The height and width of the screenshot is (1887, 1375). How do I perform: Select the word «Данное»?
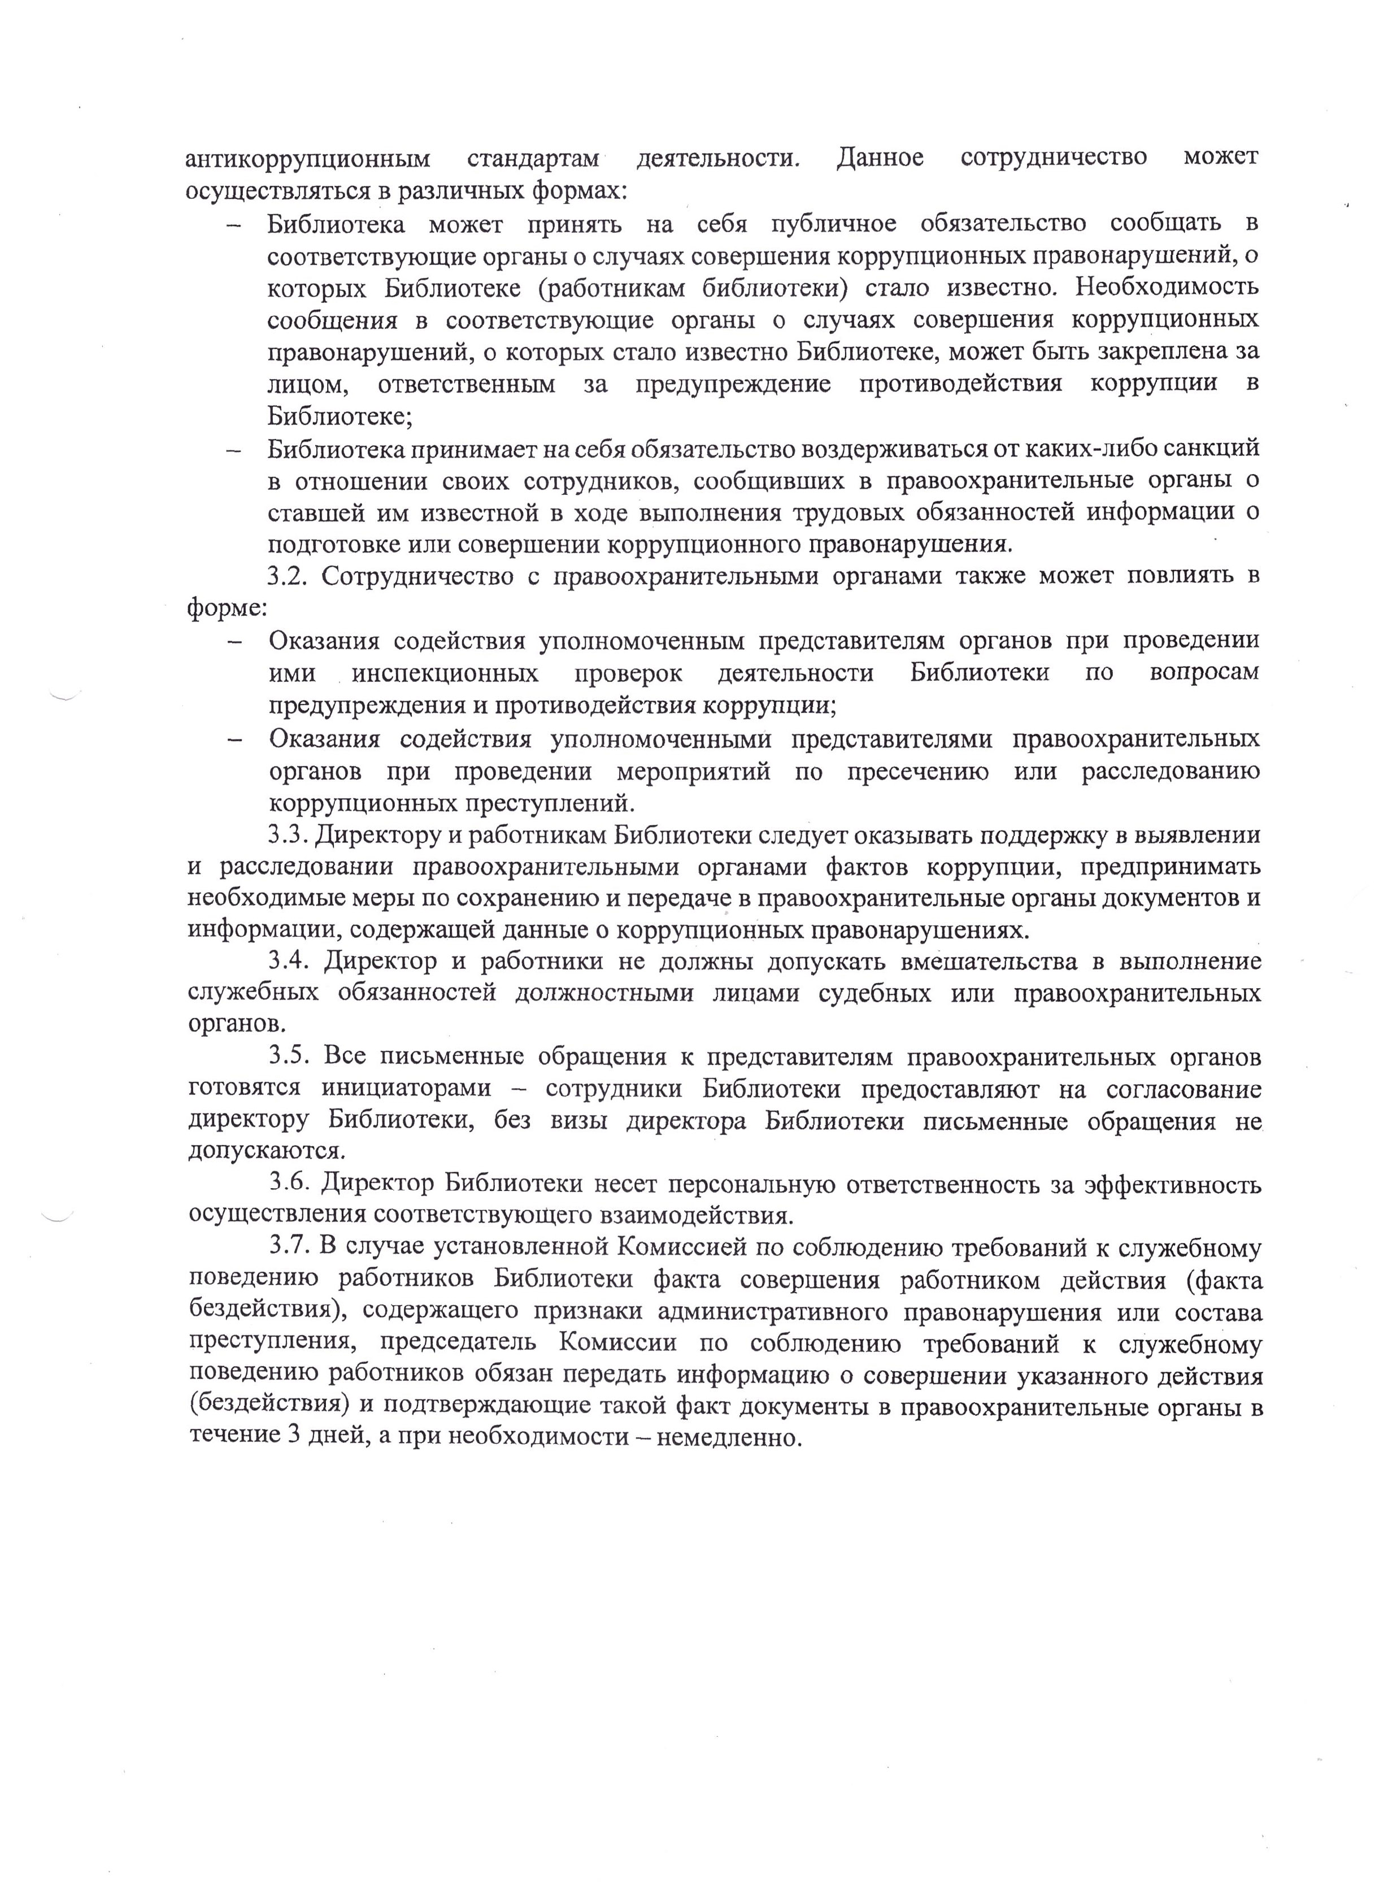click(x=880, y=157)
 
